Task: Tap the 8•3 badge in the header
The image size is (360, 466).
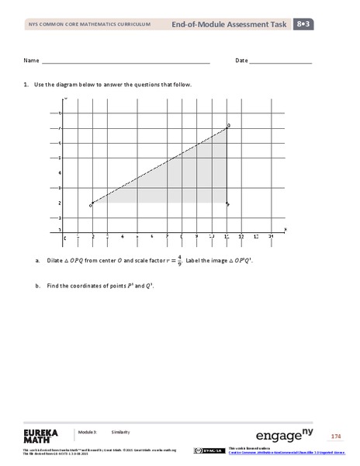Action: [x=304, y=26]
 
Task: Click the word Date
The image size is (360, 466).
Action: [x=241, y=60]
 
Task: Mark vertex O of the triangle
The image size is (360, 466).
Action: [x=92, y=203]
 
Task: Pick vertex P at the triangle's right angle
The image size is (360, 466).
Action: [x=227, y=203]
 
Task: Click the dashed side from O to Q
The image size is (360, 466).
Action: [x=159, y=166]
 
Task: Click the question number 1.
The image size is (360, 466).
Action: [x=26, y=85]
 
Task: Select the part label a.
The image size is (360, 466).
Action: [x=37, y=260]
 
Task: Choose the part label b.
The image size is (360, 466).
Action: [x=37, y=287]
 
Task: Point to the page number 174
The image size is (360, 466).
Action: [x=335, y=435]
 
